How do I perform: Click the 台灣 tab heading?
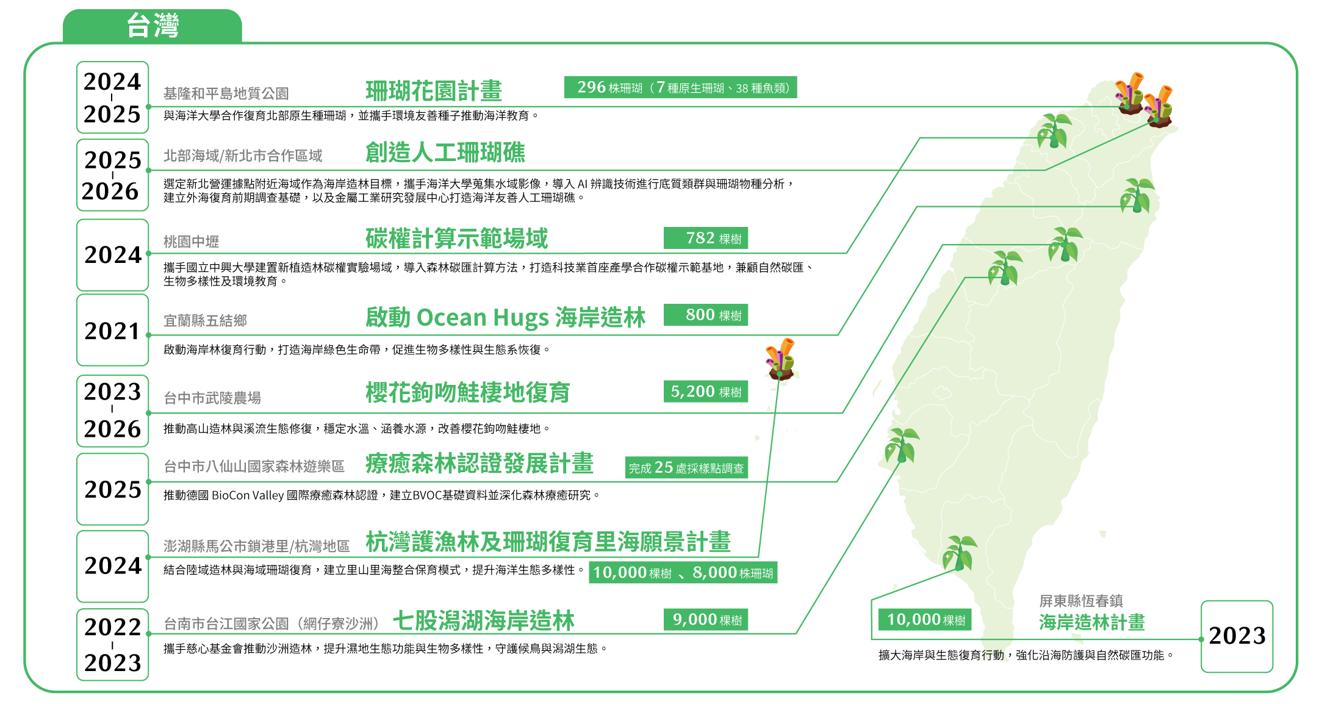(x=153, y=26)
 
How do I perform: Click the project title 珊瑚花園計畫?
(x=434, y=91)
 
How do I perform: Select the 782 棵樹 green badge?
(x=706, y=238)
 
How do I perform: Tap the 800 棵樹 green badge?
(x=706, y=315)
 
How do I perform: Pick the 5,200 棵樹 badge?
(x=706, y=392)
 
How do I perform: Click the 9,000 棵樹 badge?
(x=706, y=620)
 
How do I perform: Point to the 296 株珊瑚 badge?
(x=681, y=87)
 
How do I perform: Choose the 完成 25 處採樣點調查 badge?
(x=686, y=468)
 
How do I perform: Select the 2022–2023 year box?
(x=113, y=644)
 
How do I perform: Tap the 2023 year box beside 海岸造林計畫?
(x=1237, y=636)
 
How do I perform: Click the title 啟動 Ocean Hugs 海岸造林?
(x=506, y=318)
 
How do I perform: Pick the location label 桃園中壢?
(x=191, y=242)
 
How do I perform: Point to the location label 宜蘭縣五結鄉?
(x=205, y=321)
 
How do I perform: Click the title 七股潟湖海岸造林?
(x=484, y=621)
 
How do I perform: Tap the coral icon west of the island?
(x=780, y=359)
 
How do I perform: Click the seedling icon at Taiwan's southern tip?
(x=960, y=553)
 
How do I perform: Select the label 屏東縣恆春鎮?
(x=1081, y=601)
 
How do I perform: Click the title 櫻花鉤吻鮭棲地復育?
(x=468, y=392)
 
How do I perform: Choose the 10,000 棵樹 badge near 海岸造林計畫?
(x=925, y=620)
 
